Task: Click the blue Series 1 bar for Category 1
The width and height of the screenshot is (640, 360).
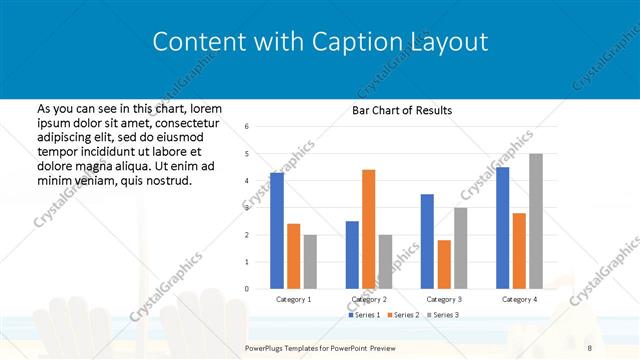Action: pos(277,231)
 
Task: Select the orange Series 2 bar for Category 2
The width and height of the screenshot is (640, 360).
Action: pos(368,229)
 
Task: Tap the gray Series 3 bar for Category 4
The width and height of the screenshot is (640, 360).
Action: pos(536,221)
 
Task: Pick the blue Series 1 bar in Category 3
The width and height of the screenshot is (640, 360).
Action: pos(427,241)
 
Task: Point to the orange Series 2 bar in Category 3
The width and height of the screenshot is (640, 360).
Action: pos(444,264)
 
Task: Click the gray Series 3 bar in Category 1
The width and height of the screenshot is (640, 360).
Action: pos(310,262)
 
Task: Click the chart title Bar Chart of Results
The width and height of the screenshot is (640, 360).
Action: pos(402,110)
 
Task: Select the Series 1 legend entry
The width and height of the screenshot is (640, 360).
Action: pos(365,315)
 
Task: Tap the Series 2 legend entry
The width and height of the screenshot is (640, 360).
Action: pos(402,315)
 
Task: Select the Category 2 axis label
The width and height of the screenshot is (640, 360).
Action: pos(368,299)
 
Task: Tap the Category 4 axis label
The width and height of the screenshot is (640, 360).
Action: pos(519,299)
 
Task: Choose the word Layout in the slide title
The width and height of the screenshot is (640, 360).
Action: pos(449,42)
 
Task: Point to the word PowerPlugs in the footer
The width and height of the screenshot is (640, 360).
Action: pos(269,347)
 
